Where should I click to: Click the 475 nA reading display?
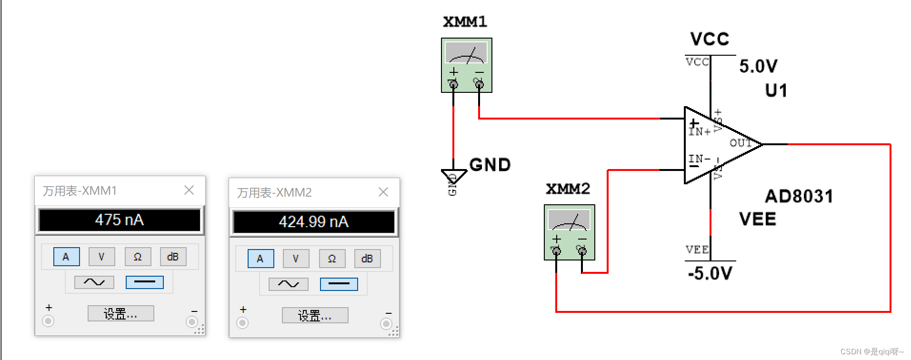point(120,220)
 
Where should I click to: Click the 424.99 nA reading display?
point(314,222)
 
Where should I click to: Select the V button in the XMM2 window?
point(296,259)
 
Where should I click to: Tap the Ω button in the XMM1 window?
point(138,257)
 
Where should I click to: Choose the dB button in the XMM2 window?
point(367,259)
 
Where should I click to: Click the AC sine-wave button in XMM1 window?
point(94,282)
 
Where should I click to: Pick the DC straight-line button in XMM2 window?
point(339,284)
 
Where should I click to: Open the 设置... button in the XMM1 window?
point(120,314)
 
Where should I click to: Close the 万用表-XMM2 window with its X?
point(383,192)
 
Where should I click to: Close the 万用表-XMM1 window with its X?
point(189,190)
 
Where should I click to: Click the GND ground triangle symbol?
point(453,175)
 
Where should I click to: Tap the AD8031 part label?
point(799,196)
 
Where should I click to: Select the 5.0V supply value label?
point(758,66)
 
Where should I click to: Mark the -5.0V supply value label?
point(710,273)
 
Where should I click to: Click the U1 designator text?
point(776,90)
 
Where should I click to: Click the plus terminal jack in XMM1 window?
point(48,321)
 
